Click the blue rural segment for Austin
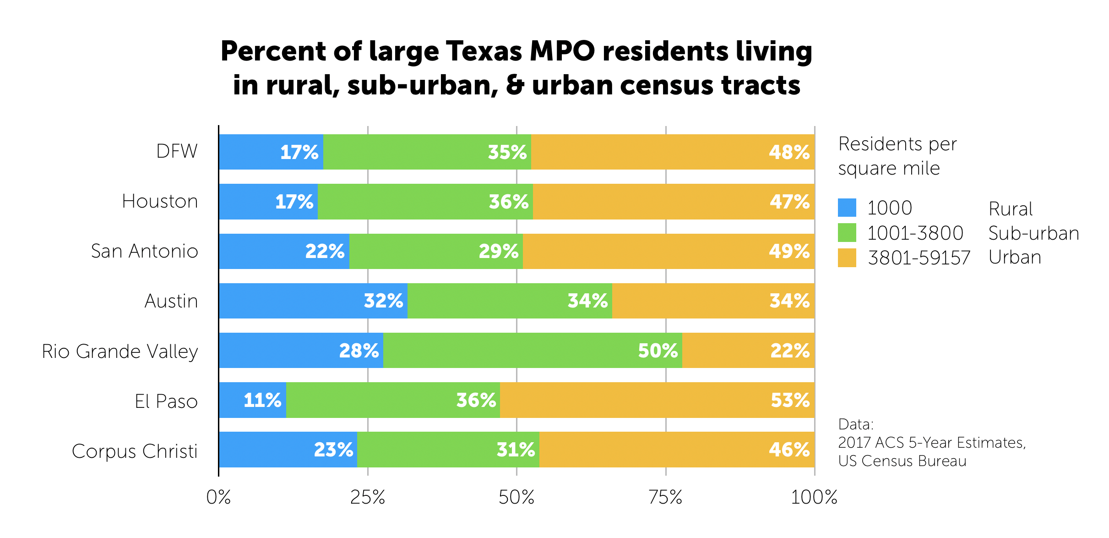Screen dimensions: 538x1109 (293, 301)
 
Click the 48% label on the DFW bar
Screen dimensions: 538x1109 (789, 152)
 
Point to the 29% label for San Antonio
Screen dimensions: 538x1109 (498, 251)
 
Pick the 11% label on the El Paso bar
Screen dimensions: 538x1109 (262, 400)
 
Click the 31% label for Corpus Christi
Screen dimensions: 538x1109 (516, 450)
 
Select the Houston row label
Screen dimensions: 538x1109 (160, 201)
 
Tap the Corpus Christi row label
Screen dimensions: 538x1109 (135, 451)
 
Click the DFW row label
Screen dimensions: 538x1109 (177, 151)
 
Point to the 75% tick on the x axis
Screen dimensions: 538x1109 (665, 497)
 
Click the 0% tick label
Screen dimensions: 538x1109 (218, 497)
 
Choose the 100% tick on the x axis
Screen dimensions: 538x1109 (814, 497)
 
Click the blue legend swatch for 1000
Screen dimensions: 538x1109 (847, 208)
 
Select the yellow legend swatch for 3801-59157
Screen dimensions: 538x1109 (847, 258)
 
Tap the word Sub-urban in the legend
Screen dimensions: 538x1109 (1033, 233)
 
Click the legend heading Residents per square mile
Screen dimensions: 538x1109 (897, 156)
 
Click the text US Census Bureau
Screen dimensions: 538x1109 (902, 461)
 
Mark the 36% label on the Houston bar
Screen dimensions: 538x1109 (508, 202)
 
